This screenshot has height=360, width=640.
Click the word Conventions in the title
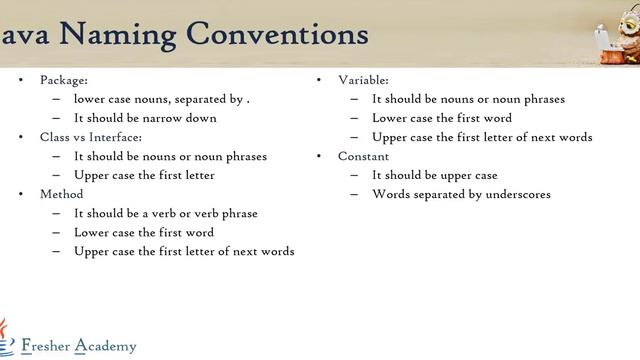coord(277,35)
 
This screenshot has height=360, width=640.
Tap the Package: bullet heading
coord(64,80)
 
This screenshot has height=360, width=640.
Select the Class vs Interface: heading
coord(91,137)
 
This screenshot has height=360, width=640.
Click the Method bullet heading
coord(62,194)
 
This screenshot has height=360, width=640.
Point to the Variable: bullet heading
coord(364,80)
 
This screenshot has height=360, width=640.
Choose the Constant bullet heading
coord(364,156)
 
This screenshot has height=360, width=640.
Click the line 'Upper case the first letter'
coord(144,175)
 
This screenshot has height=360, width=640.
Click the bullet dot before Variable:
coord(318,80)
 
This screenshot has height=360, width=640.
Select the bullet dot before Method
coord(20,194)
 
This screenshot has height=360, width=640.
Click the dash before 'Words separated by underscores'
coord(355,194)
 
